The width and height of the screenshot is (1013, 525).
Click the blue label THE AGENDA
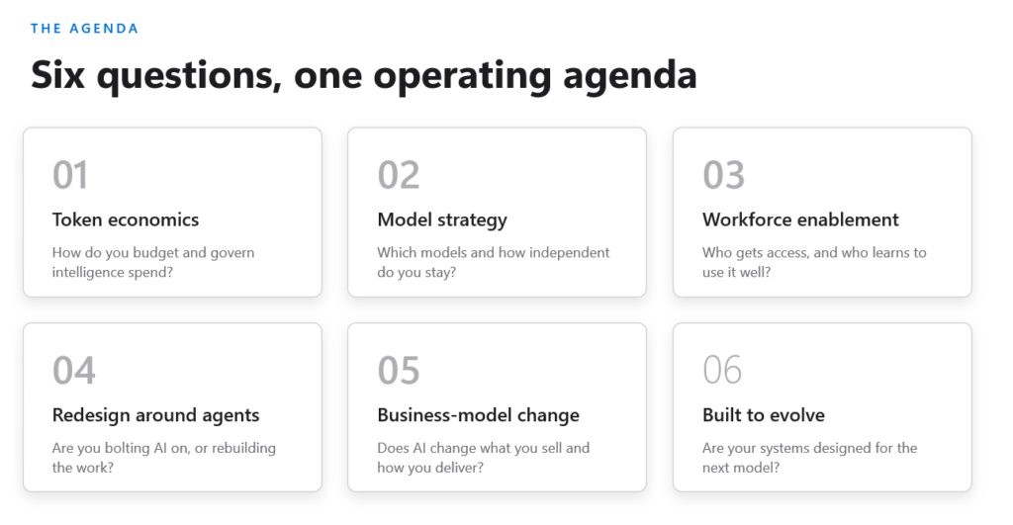(85, 29)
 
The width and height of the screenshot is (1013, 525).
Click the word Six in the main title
(58, 75)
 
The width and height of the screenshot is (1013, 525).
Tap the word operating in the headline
(462, 76)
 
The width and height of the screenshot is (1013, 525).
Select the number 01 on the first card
(70, 175)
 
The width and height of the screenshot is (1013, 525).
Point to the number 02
(399, 175)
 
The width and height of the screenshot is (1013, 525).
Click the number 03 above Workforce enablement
(723, 175)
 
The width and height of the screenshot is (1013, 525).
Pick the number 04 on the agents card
(73, 371)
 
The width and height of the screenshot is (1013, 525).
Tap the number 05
(399, 371)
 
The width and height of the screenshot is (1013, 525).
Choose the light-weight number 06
(722, 370)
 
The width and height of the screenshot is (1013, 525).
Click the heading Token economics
(126, 219)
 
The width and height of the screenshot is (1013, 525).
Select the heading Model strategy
(442, 220)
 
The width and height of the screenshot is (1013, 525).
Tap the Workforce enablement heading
(800, 219)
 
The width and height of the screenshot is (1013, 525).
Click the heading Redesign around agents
(155, 415)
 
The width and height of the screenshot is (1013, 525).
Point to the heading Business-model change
(478, 415)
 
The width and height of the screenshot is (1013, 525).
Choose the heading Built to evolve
(764, 414)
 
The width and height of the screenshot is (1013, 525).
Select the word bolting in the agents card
(127, 448)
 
